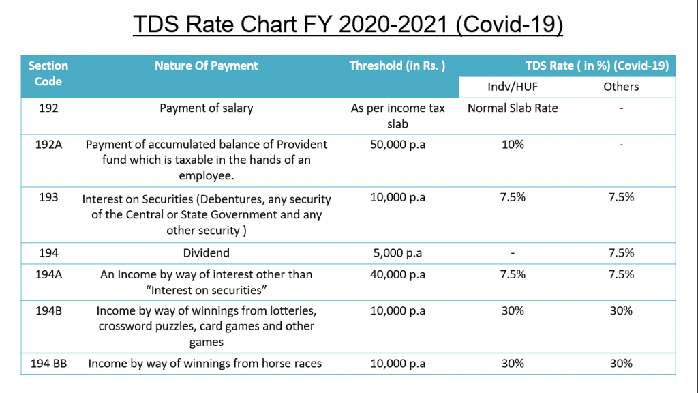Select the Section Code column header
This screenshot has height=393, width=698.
(48, 74)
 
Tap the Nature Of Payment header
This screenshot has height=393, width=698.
(206, 66)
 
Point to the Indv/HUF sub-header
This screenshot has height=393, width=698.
(512, 87)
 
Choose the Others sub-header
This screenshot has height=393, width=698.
(621, 87)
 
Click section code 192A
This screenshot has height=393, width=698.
(48, 145)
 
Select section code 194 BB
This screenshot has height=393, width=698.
(48, 364)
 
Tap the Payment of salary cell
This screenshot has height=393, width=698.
(206, 108)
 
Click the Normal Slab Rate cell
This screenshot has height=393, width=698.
(513, 108)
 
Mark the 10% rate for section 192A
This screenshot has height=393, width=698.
(513, 145)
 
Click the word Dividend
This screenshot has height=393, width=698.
(206, 253)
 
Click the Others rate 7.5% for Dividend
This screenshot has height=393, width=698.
(621, 253)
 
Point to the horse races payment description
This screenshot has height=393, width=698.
(205, 364)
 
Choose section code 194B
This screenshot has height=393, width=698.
(48, 310)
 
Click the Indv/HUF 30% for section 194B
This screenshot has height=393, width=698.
(513, 310)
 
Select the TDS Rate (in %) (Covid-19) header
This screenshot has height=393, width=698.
(596, 66)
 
